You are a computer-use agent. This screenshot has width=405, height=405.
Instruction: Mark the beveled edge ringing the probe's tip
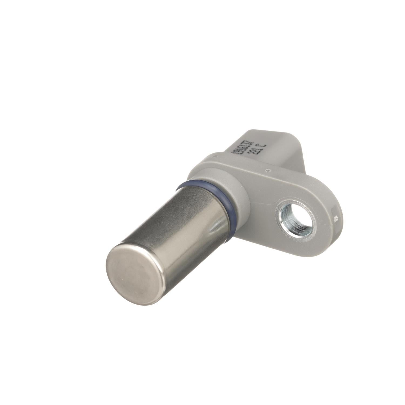[x=154, y=273]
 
